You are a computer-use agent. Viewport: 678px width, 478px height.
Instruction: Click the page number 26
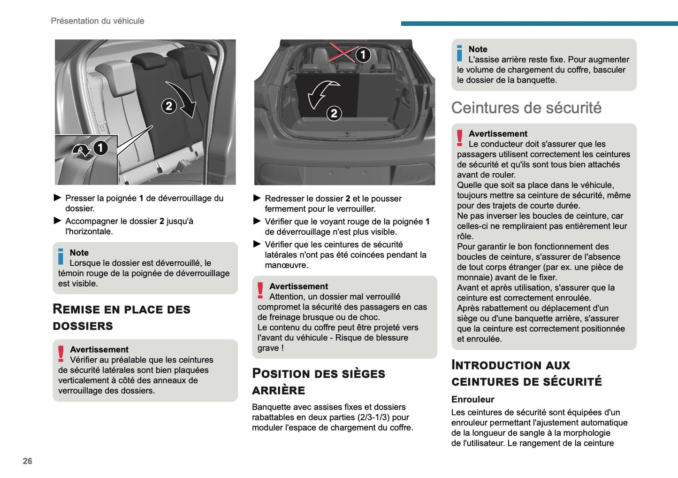(x=28, y=461)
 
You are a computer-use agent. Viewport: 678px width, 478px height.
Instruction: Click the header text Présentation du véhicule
(x=98, y=21)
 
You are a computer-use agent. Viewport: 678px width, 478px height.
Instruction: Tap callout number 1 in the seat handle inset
(x=100, y=148)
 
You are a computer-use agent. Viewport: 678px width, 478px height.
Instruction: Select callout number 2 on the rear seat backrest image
(x=169, y=106)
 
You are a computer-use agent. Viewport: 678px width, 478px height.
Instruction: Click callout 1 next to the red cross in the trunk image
(x=363, y=55)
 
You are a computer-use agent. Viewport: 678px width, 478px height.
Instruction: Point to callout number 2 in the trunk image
(x=334, y=113)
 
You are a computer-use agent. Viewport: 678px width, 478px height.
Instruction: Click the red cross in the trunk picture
(x=342, y=52)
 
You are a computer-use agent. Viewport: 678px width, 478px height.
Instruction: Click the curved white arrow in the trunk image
(x=321, y=93)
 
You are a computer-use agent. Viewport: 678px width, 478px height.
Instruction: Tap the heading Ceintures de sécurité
(x=526, y=108)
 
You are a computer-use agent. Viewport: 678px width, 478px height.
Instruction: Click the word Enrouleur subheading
(x=472, y=400)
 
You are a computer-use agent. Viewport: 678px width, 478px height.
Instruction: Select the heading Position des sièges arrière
(x=318, y=382)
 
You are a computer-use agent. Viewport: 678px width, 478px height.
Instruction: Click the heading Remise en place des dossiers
(x=122, y=317)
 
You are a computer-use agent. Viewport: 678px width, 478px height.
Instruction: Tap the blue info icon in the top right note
(x=460, y=53)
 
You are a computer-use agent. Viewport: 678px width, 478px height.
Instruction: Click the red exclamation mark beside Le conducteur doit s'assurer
(x=460, y=138)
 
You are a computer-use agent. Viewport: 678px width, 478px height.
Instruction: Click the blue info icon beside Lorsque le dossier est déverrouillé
(x=61, y=256)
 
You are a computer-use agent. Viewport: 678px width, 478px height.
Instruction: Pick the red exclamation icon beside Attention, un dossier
(x=260, y=290)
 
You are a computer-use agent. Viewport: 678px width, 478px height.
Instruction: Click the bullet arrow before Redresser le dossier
(x=257, y=198)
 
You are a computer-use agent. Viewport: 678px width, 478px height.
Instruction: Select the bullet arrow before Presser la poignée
(x=58, y=198)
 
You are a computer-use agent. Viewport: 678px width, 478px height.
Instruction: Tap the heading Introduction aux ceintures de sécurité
(x=526, y=373)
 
